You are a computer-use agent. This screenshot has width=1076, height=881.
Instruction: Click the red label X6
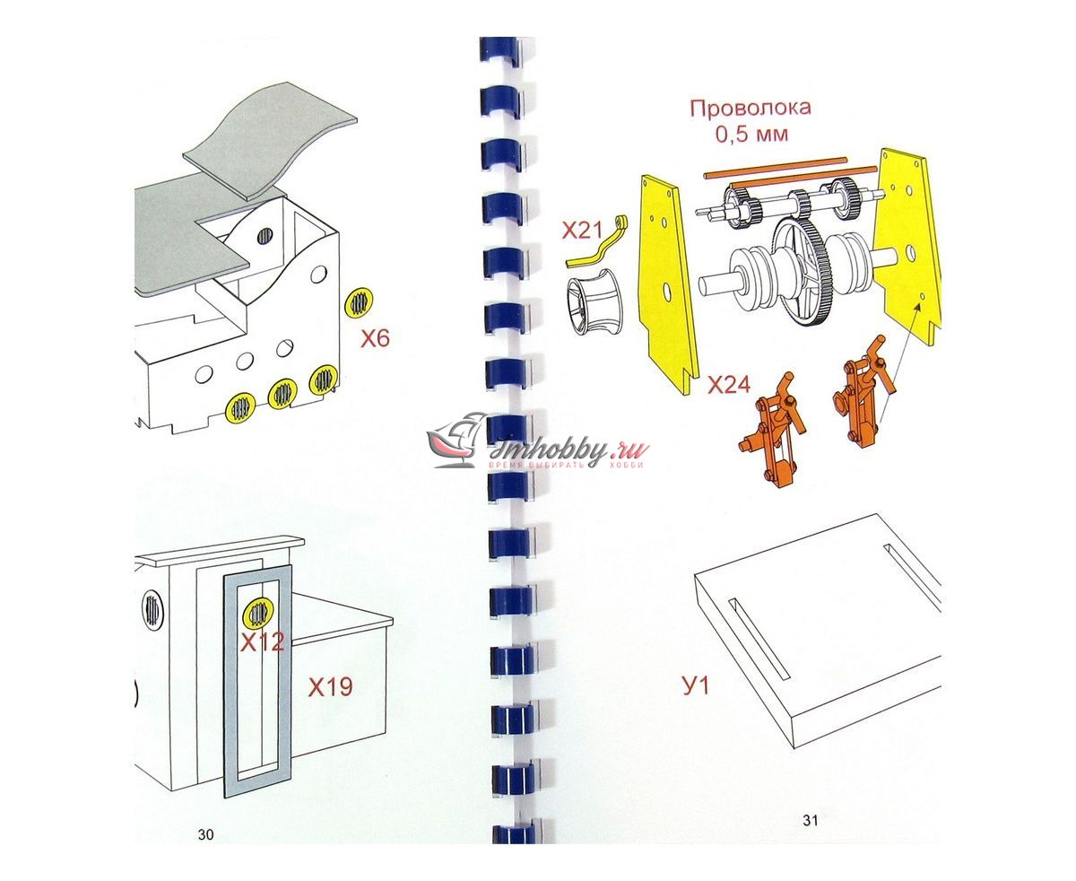click(x=375, y=338)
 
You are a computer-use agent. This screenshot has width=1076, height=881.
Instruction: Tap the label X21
click(x=582, y=231)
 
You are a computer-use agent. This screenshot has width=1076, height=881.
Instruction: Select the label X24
click(x=729, y=385)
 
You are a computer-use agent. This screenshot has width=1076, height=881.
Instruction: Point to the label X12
click(x=262, y=642)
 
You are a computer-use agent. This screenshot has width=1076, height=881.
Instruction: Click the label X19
click(x=330, y=687)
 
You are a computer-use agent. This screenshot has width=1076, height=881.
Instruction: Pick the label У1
click(x=696, y=685)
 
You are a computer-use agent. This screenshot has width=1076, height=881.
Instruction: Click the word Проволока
click(x=750, y=109)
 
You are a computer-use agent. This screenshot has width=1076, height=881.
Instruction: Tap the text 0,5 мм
click(x=751, y=135)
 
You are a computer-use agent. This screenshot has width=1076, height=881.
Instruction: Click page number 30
click(x=205, y=834)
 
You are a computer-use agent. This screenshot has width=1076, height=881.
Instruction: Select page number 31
click(x=811, y=820)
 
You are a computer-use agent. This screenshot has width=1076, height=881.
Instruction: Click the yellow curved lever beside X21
click(x=597, y=244)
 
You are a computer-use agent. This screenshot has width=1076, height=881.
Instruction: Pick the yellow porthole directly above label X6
click(x=360, y=302)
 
